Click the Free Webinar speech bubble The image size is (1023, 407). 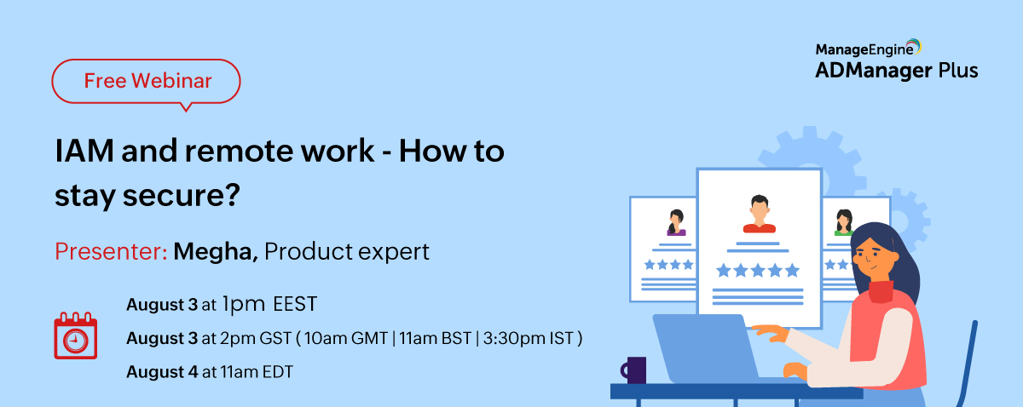tap(147, 82)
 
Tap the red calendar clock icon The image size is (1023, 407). tap(76, 335)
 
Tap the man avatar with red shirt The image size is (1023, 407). tap(758, 214)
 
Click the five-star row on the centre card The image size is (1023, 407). tap(758, 271)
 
